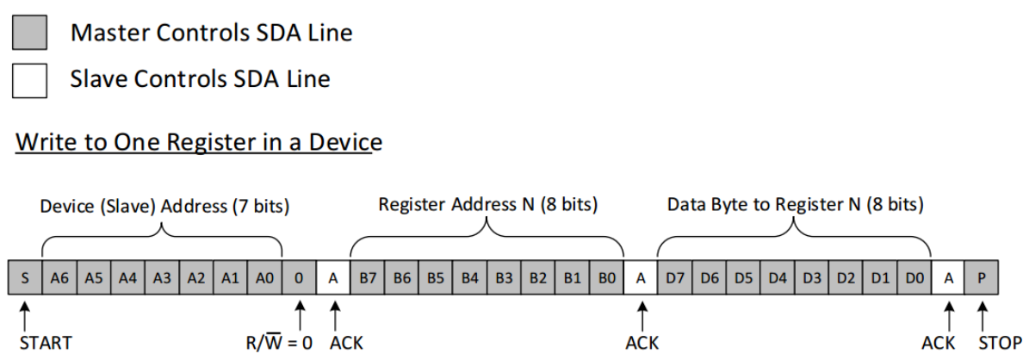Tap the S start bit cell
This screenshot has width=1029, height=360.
(x=25, y=277)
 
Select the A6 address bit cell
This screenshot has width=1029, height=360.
(x=59, y=277)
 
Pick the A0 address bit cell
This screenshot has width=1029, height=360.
(x=264, y=277)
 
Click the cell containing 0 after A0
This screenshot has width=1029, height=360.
(x=299, y=277)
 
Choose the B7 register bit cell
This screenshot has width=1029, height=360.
(x=367, y=277)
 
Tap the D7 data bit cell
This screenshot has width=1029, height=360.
(x=674, y=277)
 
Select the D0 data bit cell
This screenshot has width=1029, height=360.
(x=914, y=277)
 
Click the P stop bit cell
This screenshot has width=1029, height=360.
(x=982, y=277)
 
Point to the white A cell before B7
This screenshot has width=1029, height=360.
(x=333, y=277)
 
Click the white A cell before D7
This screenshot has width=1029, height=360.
(x=640, y=277)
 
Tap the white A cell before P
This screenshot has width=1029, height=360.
(x=948, y=277)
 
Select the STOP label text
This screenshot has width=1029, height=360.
(x=1000, y=343)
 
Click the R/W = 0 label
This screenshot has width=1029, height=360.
(x=279, y=343)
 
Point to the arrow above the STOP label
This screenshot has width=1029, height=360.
(x=983, y=313)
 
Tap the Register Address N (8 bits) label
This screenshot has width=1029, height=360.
(x=487, y=205)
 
